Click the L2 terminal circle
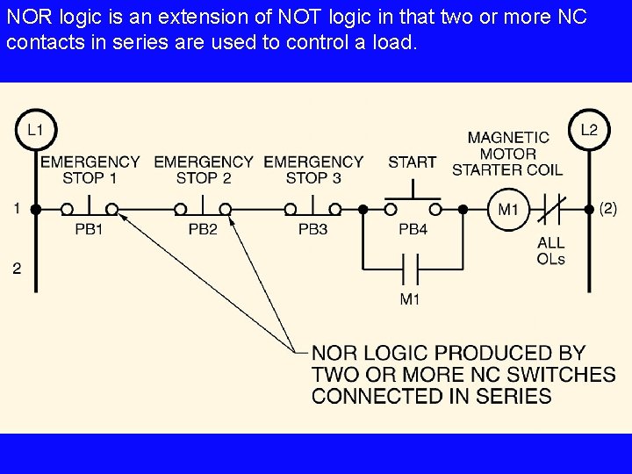[588, 130]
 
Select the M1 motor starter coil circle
[508, 210]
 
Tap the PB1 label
[89, 230]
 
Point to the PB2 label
[203, 230]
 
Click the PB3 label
[312, 230]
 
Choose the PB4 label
[413, 230]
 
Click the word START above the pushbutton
[412, 162]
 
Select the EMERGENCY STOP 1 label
[90, 169]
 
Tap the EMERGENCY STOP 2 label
[203, 169]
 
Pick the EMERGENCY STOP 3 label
[312, 169]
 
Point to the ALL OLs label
[550, 250]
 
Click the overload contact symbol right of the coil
[550, 210]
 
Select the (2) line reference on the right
[607, 209]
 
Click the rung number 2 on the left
[17, 269]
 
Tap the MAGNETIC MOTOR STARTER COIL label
[507, 153]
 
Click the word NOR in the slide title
[26, 18]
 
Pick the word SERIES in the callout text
[514, 396]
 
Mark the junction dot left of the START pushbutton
[363, 210]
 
